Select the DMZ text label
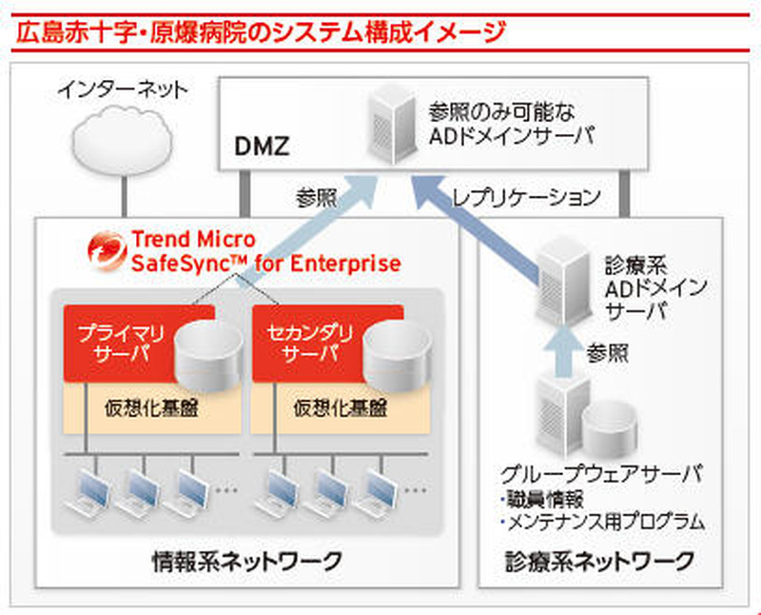coord(262,148)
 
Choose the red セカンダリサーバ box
coord(303,343)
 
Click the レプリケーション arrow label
coord(526,198)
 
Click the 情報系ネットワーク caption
coord(246,561)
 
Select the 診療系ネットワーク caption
coord(599,561)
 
